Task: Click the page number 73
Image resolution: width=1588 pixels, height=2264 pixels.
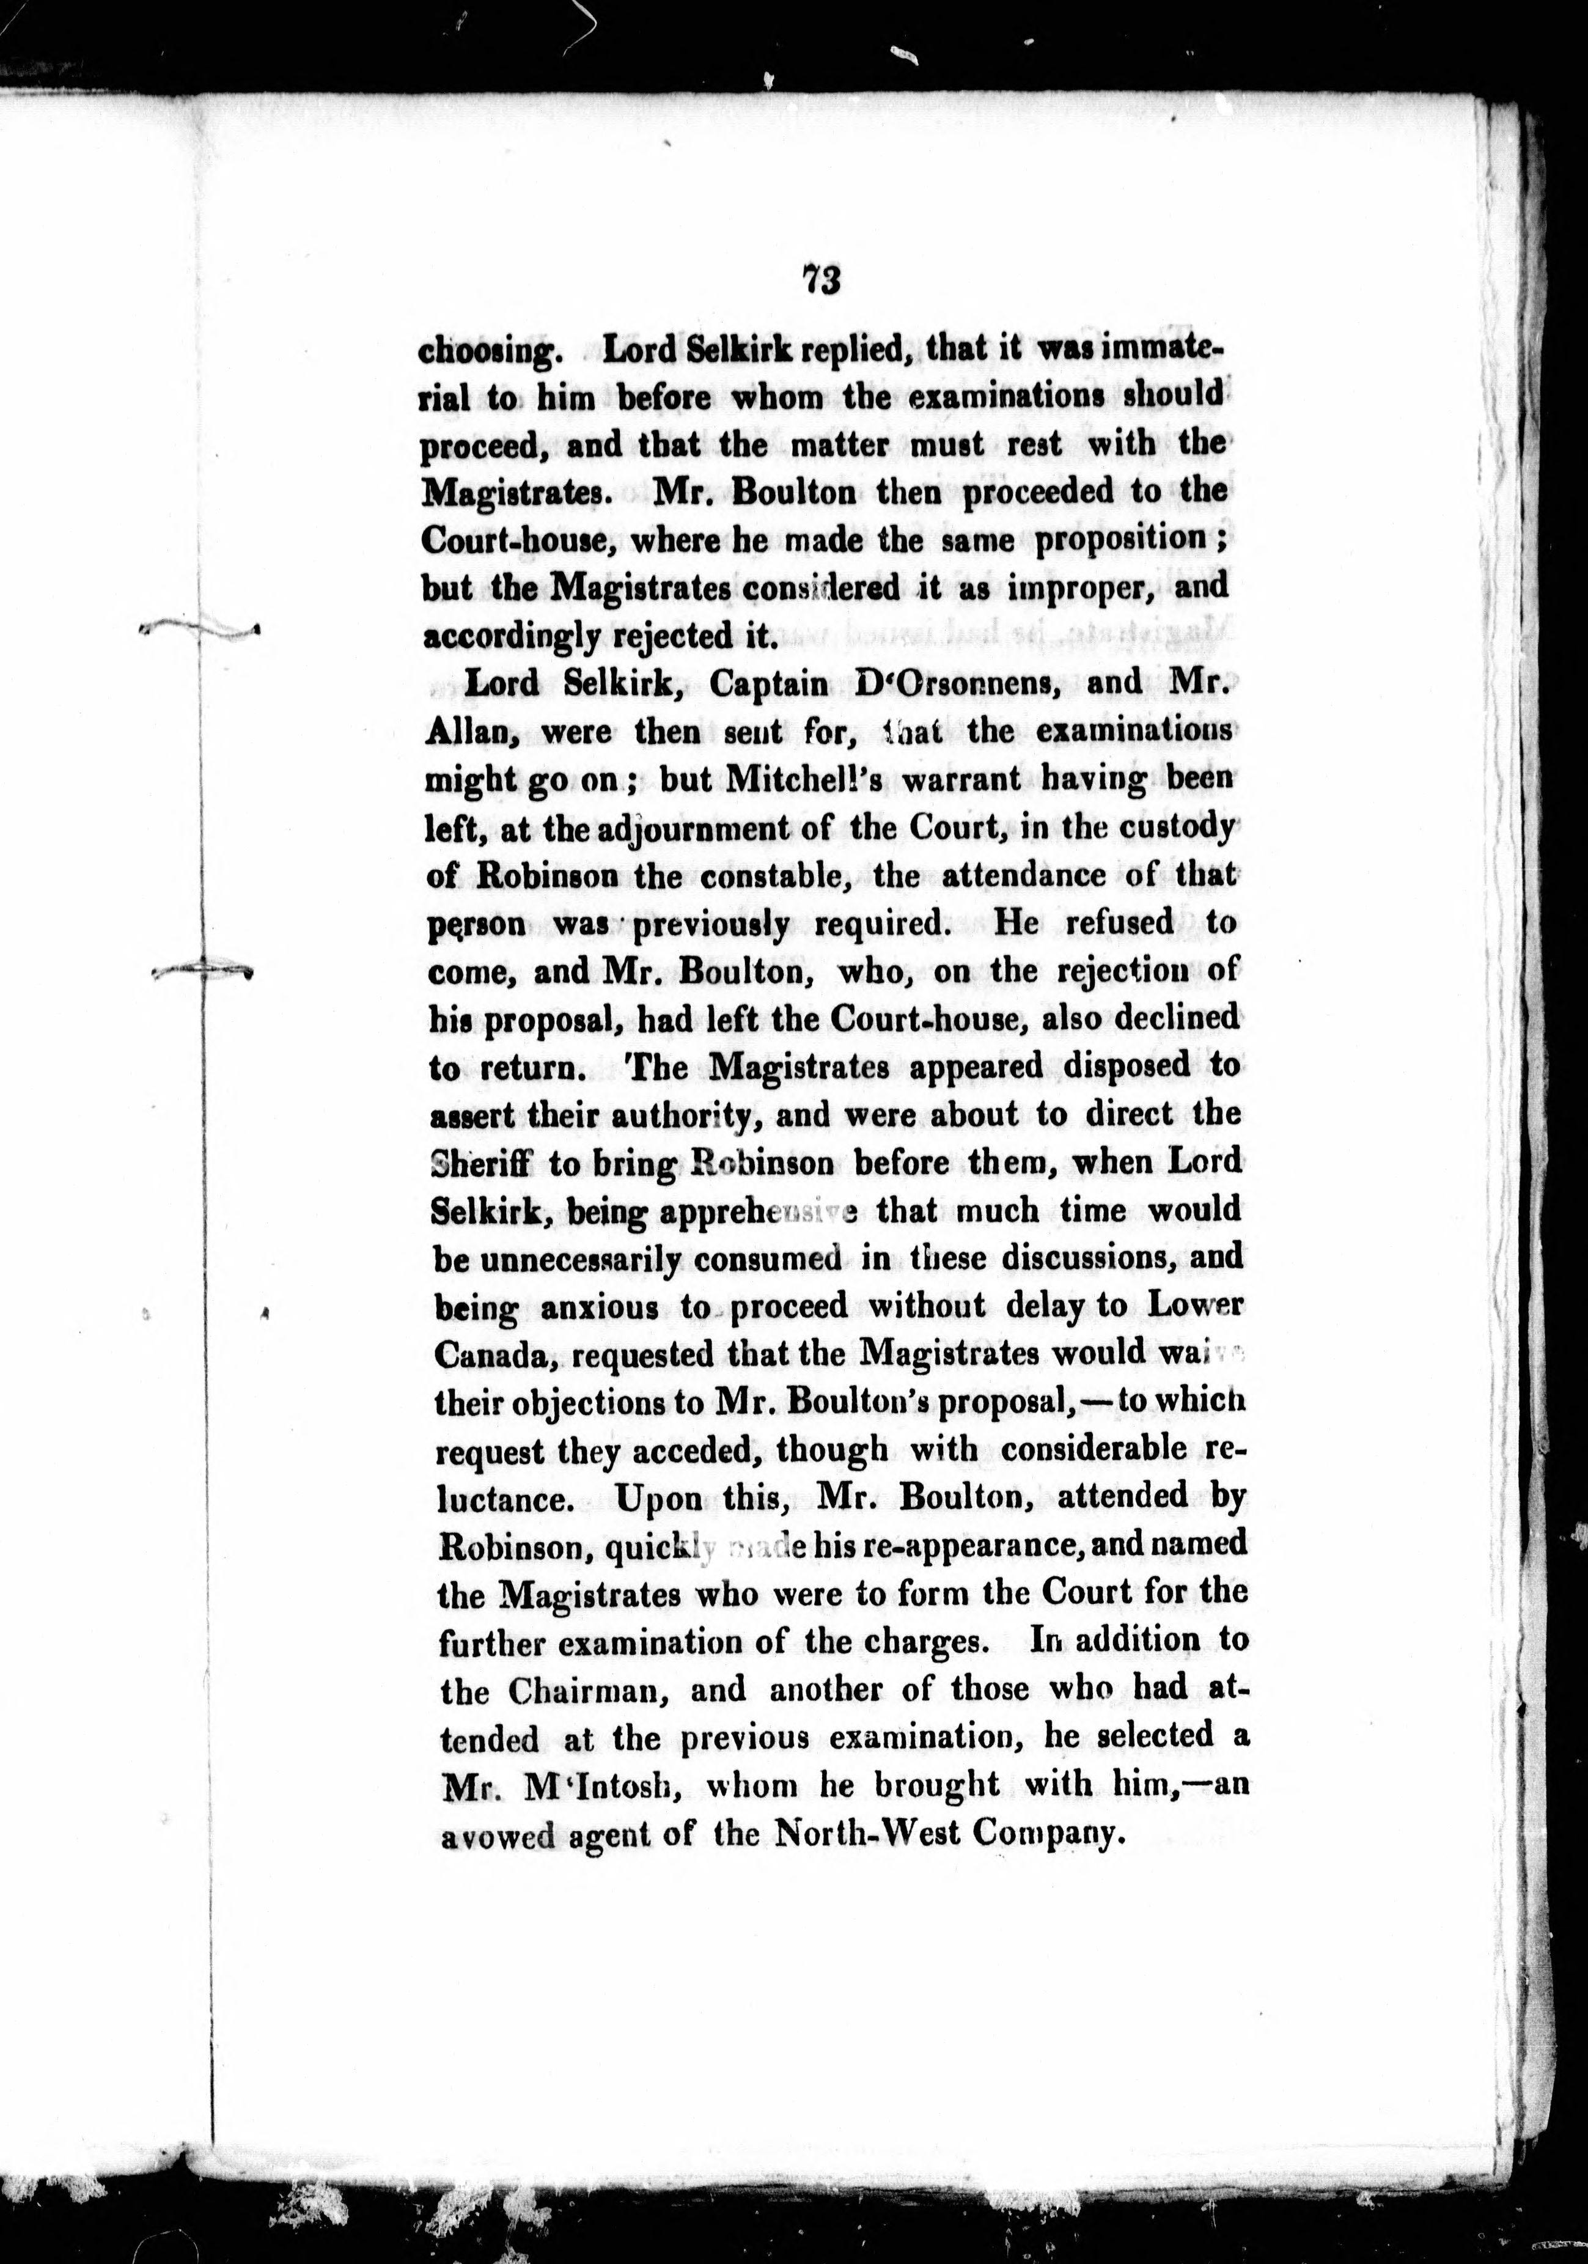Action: [821, 280]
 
